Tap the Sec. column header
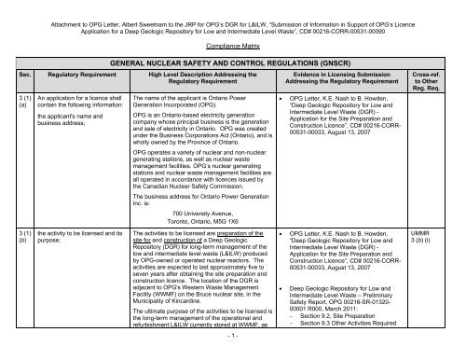[8, 79]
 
